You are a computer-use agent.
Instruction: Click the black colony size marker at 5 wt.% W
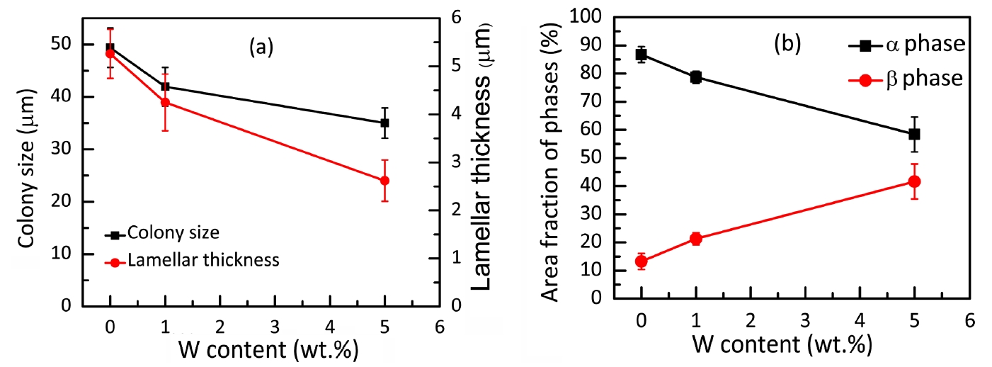[x=384, y=123]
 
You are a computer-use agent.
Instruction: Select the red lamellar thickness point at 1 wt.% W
[x=165, y=102]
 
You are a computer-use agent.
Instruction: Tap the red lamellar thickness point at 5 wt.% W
[x=384, y=180]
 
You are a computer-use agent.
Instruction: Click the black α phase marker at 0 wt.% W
[x=641, y=55]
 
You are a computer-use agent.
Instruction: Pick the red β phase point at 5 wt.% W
[x=914, y=181]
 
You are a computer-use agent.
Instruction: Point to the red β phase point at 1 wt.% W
[x=696, y=239]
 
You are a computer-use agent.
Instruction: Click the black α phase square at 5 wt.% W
[x=914, y=134]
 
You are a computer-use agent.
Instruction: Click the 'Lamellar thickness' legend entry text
[x=203, y=261]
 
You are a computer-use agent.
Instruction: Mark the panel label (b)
[x=787, y=44]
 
